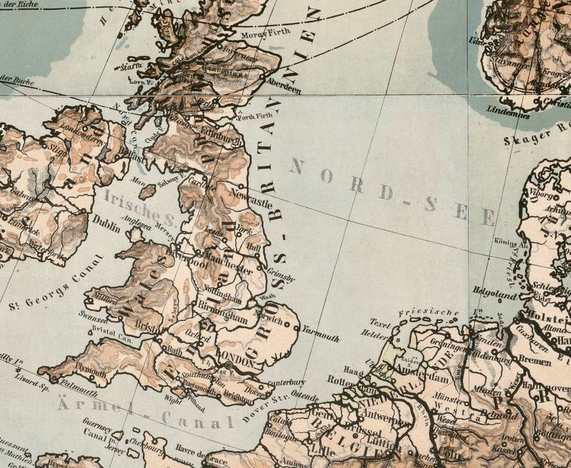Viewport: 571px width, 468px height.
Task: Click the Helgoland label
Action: [494, 292]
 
